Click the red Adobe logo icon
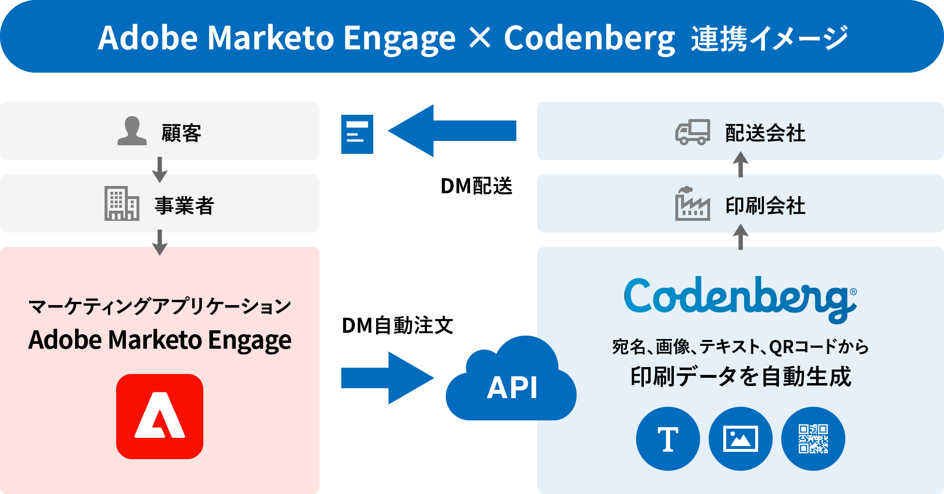[159, 416]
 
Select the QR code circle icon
[813, 439]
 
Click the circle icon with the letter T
[668, 439]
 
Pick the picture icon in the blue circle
[740, 439]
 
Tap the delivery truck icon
[693, 132]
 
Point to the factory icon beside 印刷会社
[692, 204]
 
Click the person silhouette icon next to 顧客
[132, 131]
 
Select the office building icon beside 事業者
[122, 203]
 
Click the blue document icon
[357, 134]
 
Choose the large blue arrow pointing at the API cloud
[387, 378]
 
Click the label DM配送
[476, 186]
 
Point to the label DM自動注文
[397, 325]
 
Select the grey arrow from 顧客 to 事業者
[160, 169]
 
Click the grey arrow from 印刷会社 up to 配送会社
[740, 165]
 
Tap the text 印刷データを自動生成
[740, 377]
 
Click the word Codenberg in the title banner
[589, 38]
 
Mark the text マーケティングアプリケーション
[160, 306]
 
